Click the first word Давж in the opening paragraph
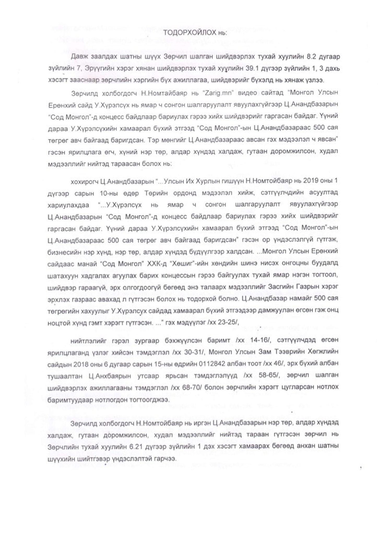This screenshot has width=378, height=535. [x=79, y=56]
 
